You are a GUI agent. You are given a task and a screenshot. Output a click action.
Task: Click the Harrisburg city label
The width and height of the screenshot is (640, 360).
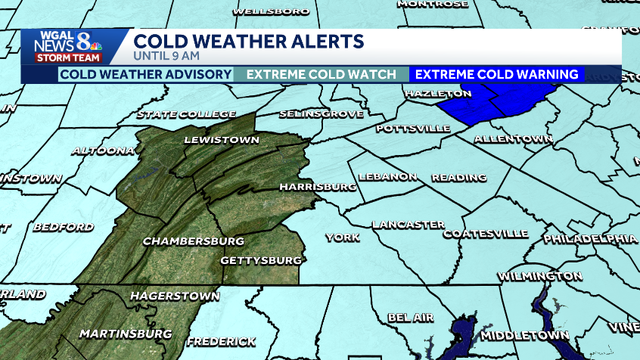[x=318, y=186]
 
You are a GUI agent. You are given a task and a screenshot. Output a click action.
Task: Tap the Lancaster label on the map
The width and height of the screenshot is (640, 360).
[x=408, y=225]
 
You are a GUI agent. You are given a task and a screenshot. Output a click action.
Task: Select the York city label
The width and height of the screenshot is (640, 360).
[x=342, y=237]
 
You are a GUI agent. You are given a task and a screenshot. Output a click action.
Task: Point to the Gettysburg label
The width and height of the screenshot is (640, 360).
[x=261, y=260]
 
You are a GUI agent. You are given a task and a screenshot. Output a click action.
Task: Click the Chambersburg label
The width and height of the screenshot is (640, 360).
[x=194, y=241]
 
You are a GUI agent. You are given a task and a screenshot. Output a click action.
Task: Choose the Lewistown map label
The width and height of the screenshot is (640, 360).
[x=222, y=140]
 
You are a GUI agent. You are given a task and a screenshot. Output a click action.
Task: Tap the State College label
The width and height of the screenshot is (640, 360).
[x=185, y=114]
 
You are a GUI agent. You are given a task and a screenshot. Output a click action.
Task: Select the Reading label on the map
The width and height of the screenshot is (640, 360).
[x=458, y=178]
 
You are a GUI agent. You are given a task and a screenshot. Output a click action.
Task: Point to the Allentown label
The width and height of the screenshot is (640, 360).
[x=514, y=139]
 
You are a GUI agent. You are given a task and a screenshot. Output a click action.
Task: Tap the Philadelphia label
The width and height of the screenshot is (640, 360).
[x=590, y=238]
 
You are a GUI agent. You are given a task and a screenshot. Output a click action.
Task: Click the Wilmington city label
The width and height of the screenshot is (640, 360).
[x=540, y=275]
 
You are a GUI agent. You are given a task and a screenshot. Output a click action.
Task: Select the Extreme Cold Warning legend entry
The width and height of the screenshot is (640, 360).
[x=497, y=74]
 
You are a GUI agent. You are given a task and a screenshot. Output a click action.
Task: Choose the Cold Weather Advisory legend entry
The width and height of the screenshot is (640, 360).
[x=145, y=74]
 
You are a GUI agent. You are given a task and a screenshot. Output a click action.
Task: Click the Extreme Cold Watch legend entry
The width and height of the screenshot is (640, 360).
[x=322, y=74]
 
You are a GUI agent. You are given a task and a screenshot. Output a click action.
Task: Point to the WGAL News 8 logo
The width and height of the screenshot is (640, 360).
[x=67, y=46]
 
